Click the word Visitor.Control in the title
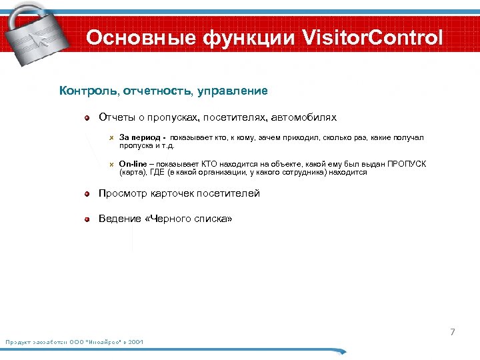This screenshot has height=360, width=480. pyautogui.click(x=373, y=38)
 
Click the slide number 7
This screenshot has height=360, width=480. pyautogui.click(x=453, y=332)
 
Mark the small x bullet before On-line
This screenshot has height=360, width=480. pyautogui.click(x=112, y=164)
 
